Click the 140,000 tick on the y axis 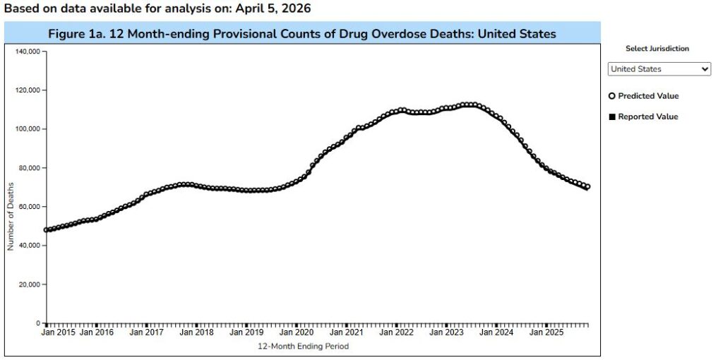click(x=27, y=52)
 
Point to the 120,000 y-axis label click(x=27, y=90)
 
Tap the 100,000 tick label click(x=27, y=129)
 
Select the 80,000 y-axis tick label click(x=29, y=168)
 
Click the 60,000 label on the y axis click(x=29, y=207)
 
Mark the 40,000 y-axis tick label click(x=29, y=246)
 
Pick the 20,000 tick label click(x=29, y=284)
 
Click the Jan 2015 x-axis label click(x=58, y=332)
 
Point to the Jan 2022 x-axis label click(x=396, y=332)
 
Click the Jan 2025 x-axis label click(x=546, y=332)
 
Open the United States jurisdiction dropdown click(x=659, y=69)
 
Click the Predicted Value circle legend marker click(x=611, y=96)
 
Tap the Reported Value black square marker click(x=611, y=116)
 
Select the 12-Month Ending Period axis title click(x=303, y=347)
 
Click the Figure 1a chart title click(x=301, y=34)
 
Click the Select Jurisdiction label click(x=657, y=49)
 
